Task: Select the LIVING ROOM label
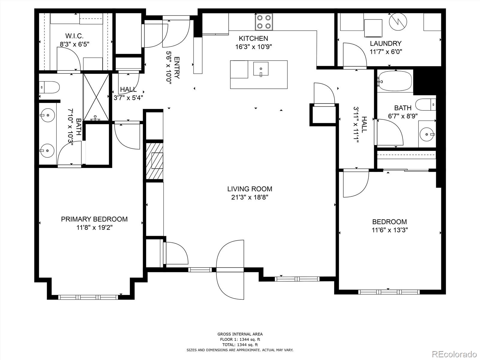(250, 189)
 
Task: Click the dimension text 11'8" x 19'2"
(94, 228)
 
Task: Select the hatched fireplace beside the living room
(155, 161)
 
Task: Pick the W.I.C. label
(74, 36)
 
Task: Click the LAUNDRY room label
(385, 43)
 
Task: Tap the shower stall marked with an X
(96, 97)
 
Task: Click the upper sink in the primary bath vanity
(47, 115)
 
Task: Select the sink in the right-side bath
(426, 134)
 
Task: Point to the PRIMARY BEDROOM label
(94, 219)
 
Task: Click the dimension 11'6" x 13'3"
(390, 230)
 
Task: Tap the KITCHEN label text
(253, 38)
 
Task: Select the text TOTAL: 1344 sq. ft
(240, 345)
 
